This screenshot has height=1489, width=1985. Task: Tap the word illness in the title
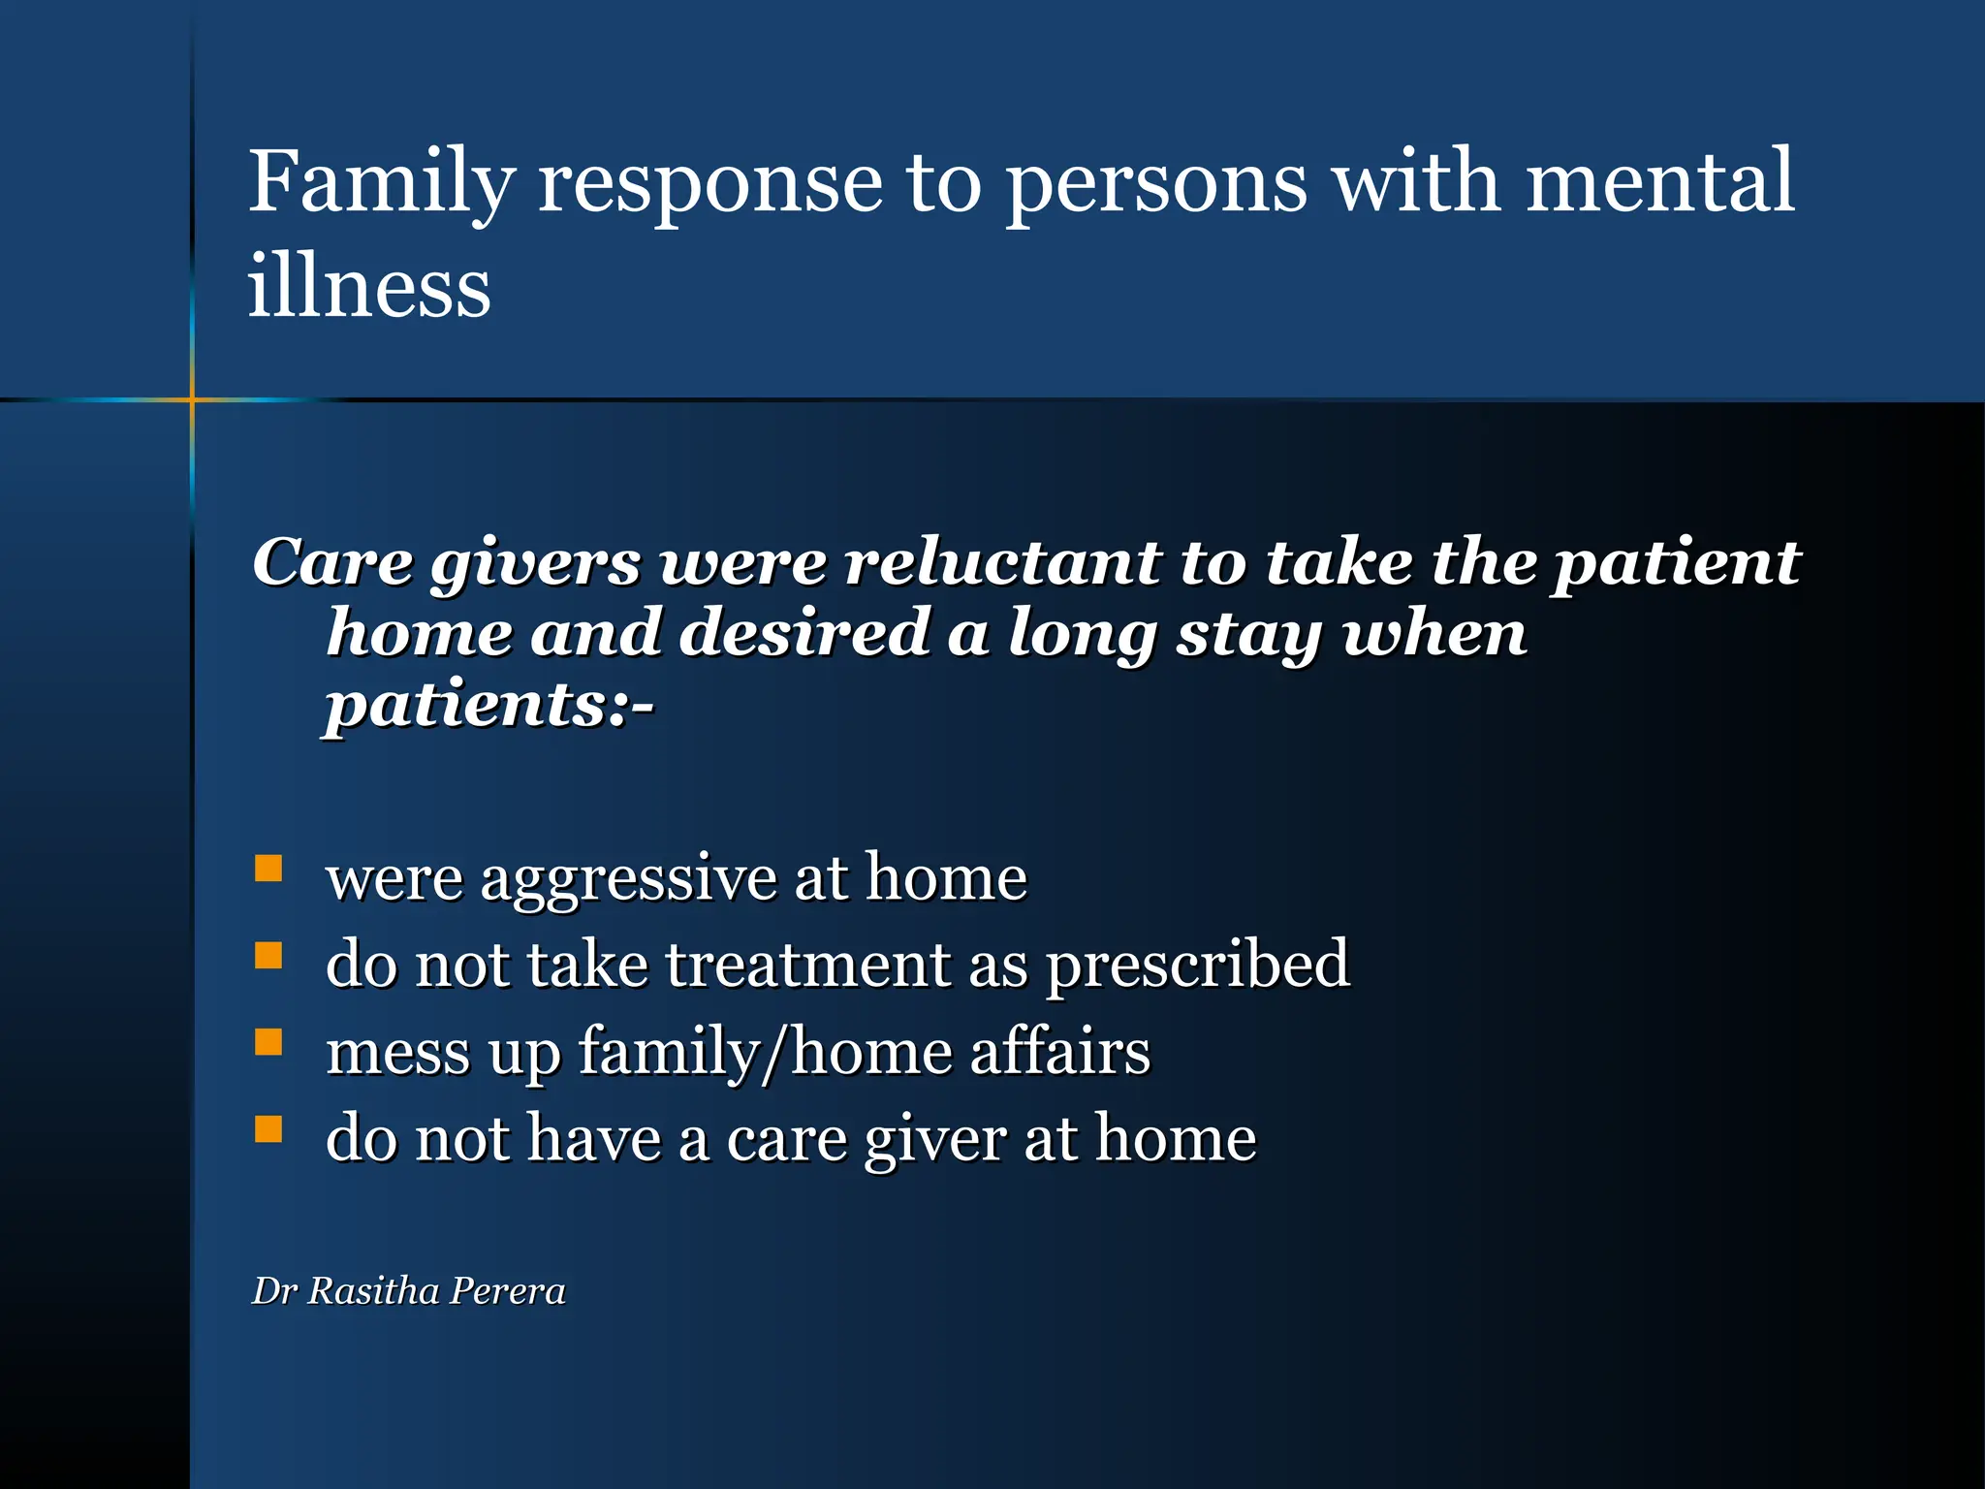pos(369,287)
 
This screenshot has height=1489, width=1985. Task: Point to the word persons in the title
pos(1155,184)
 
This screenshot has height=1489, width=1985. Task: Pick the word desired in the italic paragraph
pos(803,633)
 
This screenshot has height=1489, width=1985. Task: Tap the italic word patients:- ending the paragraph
pos(489,705)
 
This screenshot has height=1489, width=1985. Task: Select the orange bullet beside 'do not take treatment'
pos(268,956)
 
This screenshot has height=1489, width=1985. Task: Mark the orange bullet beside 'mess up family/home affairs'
pos(268,1042)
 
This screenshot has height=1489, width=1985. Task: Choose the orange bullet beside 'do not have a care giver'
pos(268,1128)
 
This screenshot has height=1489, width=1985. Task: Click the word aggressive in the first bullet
pos(629,880)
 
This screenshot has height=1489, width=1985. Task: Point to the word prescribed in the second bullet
pos(1198,966)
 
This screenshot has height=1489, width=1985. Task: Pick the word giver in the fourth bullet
pos(935,1140)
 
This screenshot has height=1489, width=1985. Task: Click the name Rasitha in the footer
pos(373,1291)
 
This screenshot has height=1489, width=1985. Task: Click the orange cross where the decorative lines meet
pos(192,398)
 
